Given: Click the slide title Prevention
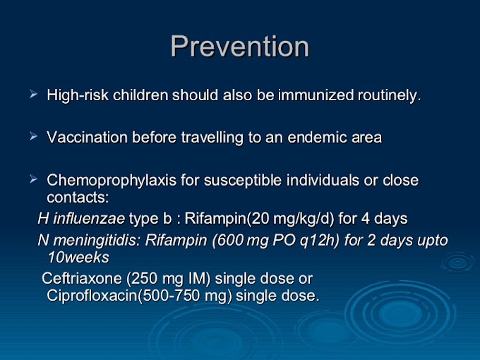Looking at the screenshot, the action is [240, 46].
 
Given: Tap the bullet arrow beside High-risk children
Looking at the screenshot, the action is [34, 94].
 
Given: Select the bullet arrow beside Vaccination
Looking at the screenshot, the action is [34, 136].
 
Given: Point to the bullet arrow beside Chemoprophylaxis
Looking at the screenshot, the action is [34, 179].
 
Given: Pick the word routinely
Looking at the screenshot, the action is [390, 96].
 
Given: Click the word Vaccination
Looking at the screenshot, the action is [87, 138].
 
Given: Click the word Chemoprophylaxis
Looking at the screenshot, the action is [112, 180].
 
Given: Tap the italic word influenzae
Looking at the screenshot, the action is [89, 219].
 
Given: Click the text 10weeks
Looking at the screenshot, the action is [78, 258].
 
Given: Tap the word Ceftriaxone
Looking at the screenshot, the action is [82, 279].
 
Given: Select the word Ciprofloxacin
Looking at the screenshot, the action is [92, 296].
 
